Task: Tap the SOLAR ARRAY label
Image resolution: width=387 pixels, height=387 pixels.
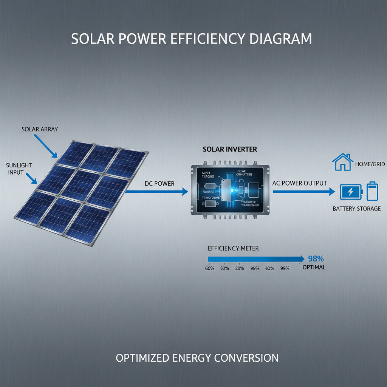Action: coord(40,129)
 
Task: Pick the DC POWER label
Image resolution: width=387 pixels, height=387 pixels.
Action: coord(159,184)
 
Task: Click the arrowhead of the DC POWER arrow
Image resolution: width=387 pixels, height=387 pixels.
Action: coord(185,192)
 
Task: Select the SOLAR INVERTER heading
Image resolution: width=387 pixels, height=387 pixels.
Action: coord(230,149)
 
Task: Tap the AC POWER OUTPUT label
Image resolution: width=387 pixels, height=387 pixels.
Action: coord(299,183)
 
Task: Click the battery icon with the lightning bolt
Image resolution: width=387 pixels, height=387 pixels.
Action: coord(351,192)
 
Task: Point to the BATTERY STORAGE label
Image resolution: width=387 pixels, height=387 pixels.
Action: coord(356,209)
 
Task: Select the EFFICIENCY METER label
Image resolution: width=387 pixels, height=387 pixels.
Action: coord(233,248)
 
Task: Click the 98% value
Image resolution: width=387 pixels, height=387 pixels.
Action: coord(316,259)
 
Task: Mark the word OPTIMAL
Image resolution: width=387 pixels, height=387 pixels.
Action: coord(314,267)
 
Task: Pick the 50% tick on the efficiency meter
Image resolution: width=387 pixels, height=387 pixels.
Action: coord(225,268)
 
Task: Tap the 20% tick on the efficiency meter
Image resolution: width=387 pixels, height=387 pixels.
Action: coord(240,268)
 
